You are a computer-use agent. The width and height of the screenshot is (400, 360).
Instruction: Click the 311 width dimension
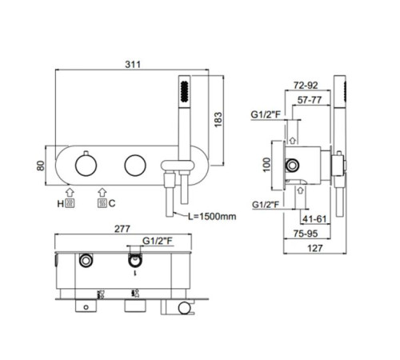[133, 65]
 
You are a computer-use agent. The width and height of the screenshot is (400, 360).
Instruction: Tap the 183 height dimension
[218, 120]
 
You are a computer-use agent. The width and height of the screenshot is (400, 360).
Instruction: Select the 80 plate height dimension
[41, 166]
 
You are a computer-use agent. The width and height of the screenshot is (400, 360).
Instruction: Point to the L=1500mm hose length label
[212, 216]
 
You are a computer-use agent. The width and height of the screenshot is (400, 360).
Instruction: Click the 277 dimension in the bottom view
[122, 229]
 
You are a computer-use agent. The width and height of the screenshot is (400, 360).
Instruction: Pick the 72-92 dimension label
[306, 86]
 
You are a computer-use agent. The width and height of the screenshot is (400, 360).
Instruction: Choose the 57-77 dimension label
[310, 100]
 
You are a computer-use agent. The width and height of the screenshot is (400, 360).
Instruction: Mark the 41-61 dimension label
[314, 219]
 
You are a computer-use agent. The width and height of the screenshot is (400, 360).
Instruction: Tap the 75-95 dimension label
[306, 234]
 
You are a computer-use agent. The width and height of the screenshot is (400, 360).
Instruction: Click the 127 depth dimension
[315, 248]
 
